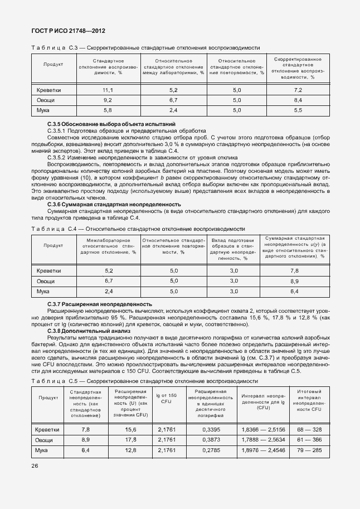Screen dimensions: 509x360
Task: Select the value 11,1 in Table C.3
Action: click(x=108, y=90)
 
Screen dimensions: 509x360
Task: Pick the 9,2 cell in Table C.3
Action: click(x=108, y=100)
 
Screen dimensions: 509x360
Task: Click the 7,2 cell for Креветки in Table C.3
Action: click(x=298, y=90)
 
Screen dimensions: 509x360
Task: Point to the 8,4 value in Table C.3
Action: click(x=298, y=100)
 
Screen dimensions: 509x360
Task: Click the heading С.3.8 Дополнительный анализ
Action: click(x=89, y=331)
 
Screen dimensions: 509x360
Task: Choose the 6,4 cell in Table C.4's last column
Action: click(x=295, y=291)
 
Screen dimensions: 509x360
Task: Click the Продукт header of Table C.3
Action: click(x=53, y=65)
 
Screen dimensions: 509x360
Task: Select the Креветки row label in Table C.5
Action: click(x=47, y=430)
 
